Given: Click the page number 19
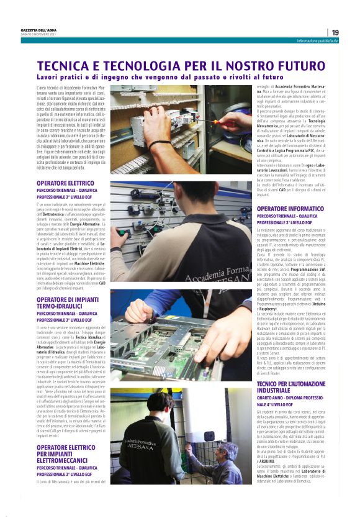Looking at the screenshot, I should [335, 32].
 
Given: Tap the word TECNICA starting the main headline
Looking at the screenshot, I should [64, 66].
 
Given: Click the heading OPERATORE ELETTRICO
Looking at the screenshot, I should [65, 183].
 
